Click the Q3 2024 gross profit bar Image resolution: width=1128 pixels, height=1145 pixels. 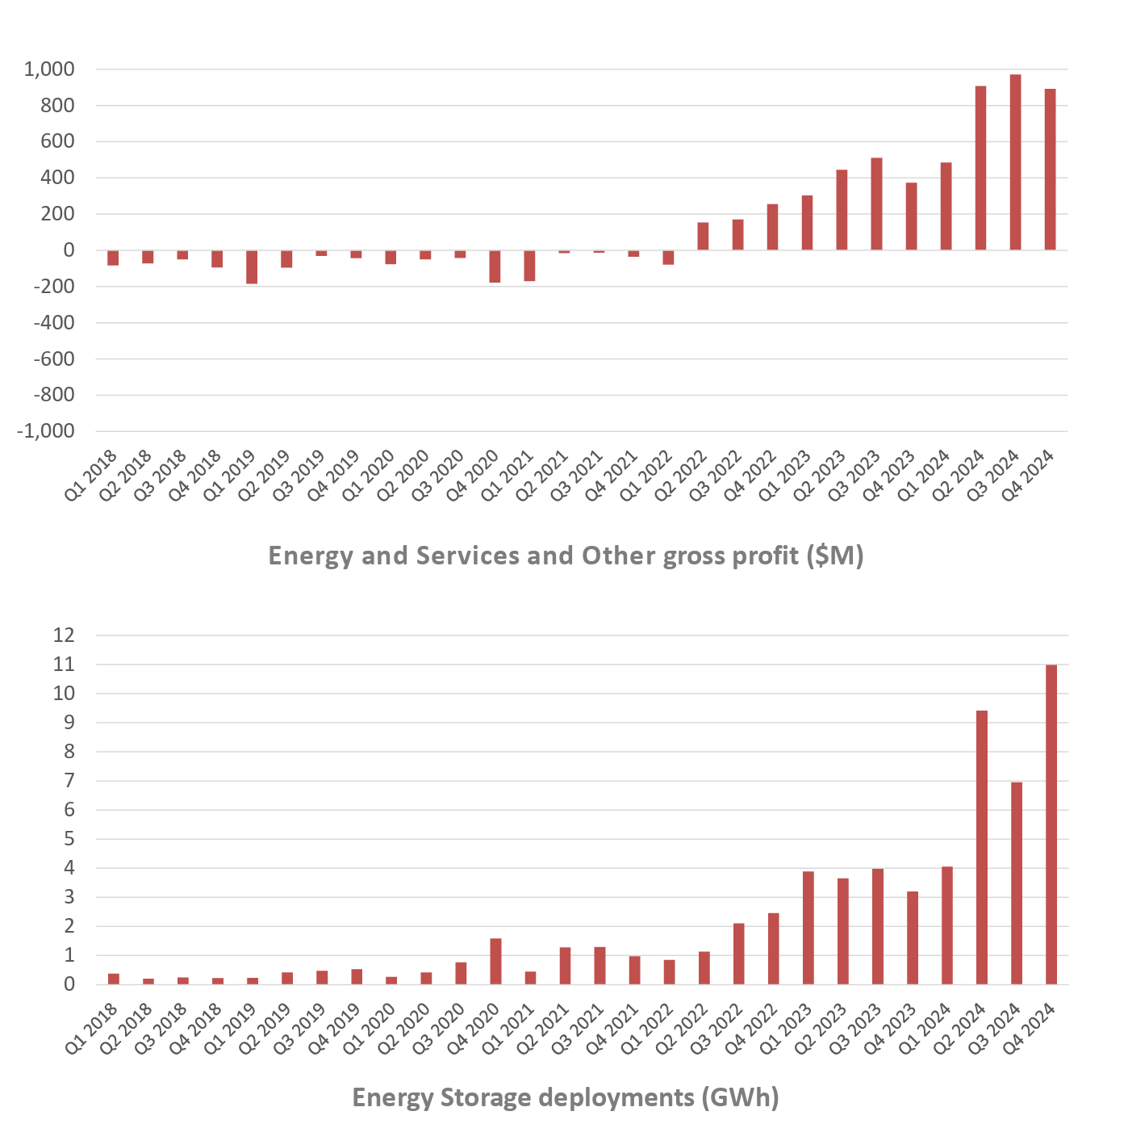pyautogui.click(x=1015, y=161)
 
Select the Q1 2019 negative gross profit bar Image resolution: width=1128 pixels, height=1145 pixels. pyautogui.click(x=252, y=266)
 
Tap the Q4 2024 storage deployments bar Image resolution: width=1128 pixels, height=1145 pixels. pyautogui.click(x=1051, y=824)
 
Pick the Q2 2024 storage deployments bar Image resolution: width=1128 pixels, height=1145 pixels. pyautogui.click(x=982, y=847)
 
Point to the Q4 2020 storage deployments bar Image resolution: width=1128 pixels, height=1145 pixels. pyautogui.click(x=495, y=961)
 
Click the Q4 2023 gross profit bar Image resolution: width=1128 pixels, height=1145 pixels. pyautogui.click(x=911, y=216)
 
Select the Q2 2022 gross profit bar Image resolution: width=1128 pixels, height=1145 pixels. pyautogui.click(x=703, y=236)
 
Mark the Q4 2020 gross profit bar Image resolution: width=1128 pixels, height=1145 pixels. pyautogui.click(x=495, y=266)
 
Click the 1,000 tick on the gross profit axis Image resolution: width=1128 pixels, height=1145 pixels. pyautogui.click(x=49, y=69)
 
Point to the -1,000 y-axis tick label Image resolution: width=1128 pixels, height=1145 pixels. pyautogui.click(x=46, y=431)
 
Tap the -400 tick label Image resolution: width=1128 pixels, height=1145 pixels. pyautogui.click(x=53, y=323)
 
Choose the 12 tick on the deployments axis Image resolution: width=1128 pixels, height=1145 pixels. pyautogui.click(x=63, y=635)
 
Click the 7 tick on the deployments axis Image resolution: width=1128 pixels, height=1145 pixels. pyautogui.click(x=69, y=781)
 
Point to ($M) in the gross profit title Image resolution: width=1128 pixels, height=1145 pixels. pyautogui.click(x=835, y=556)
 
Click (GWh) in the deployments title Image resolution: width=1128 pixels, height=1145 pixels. pyautogui.click(x=740, y=1097)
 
